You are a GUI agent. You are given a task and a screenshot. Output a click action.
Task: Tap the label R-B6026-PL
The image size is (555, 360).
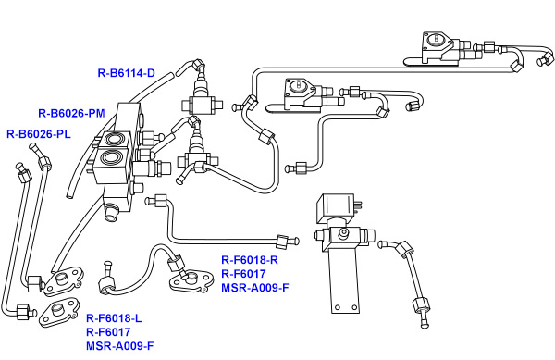(39, 134)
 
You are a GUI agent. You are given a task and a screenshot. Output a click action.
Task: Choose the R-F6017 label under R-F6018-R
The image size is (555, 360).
(243, 274)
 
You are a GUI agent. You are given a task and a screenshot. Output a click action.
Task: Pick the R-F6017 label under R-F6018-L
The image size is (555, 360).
(108, 332)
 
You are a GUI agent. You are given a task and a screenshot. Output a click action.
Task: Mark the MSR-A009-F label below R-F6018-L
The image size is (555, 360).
(120, 346)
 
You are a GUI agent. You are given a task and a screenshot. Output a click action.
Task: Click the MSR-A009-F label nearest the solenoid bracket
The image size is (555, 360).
(255, 288)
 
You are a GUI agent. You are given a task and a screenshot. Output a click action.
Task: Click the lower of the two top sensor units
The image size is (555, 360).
(301, 91)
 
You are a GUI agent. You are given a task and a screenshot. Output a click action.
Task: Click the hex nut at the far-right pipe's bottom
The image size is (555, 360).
(421, 306)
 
